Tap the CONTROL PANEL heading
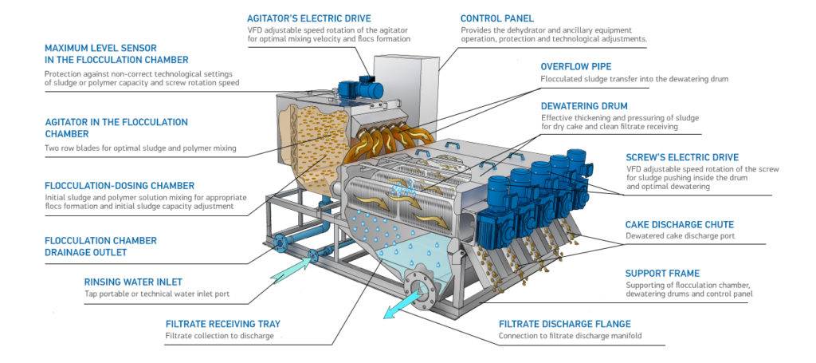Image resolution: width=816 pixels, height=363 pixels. click(497, 18)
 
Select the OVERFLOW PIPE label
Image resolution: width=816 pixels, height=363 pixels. click(576, 66)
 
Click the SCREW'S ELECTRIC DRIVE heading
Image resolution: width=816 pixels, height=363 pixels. click(681, 156)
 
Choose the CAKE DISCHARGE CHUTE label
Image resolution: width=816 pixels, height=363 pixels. click(679, 224)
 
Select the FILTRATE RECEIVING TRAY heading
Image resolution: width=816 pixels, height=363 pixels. click(222, 324)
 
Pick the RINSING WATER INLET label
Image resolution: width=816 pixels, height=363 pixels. click(134, 281)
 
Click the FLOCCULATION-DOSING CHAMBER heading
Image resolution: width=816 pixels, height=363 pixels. click(120, 185)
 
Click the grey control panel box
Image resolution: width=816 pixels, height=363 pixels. click(406, 80)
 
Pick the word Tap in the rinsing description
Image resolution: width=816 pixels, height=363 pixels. click(91, 294)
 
